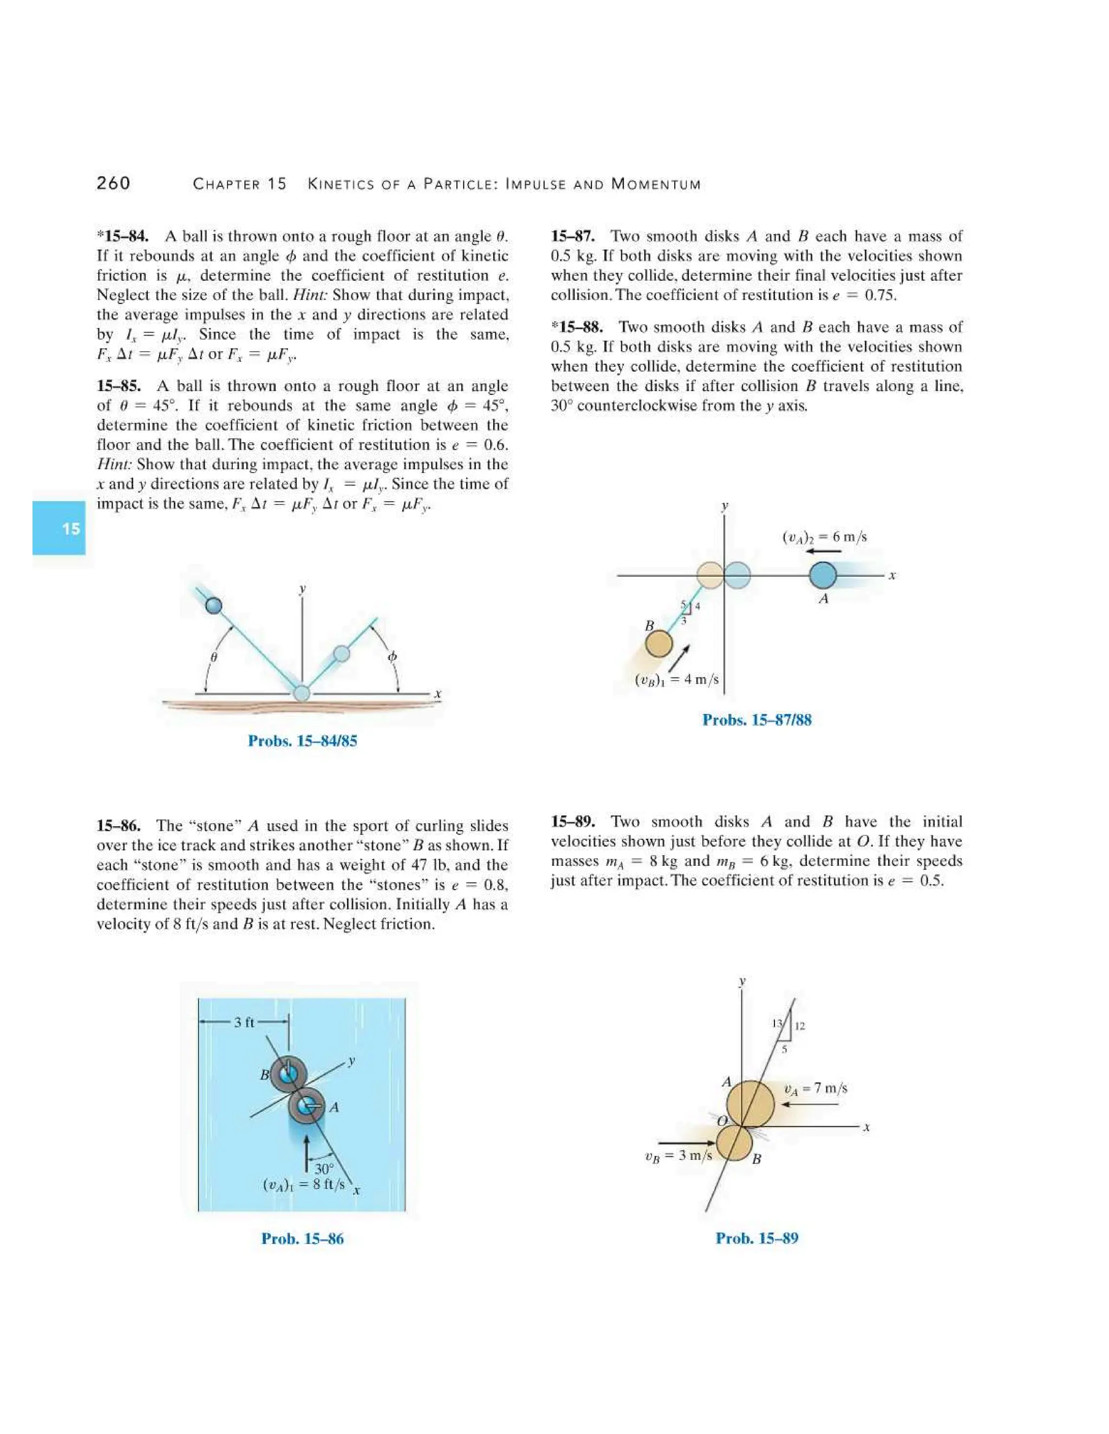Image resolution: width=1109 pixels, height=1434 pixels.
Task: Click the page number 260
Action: click(x=113, y=183)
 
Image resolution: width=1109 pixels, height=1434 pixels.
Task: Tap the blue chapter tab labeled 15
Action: click(x=59, y=528)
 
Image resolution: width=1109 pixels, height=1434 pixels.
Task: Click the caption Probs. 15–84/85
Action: click(x=302, y=741)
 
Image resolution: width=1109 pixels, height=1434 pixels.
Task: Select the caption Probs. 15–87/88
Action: click(x=757, y=720)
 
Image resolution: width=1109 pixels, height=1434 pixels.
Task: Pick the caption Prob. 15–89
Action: click(x=757, y=1238)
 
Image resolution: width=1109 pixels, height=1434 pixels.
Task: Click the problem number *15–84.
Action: click(x=123, y=236)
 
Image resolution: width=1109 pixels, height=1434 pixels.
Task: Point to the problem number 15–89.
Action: click(x=573, y=821)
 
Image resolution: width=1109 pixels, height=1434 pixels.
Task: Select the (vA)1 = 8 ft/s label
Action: click(x=304, y=1185)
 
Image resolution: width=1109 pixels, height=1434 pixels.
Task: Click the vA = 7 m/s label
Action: click(x=816, y=1088)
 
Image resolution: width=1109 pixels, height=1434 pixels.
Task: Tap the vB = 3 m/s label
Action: click(x=678, y=1156)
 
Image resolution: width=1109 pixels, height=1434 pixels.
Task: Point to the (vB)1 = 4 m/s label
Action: click(x=677, y=679)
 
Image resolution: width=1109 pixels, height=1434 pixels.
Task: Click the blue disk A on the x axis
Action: click(x=823, y=575)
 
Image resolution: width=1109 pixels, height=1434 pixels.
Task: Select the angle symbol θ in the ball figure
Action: click(x=213, y=656)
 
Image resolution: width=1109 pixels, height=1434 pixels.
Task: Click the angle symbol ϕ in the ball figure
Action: click(x=392, y=656)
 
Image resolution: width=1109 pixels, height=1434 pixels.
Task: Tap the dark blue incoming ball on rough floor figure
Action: click(x=213, y=605)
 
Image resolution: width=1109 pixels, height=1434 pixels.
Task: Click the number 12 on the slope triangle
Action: click(x=800, y=1025)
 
